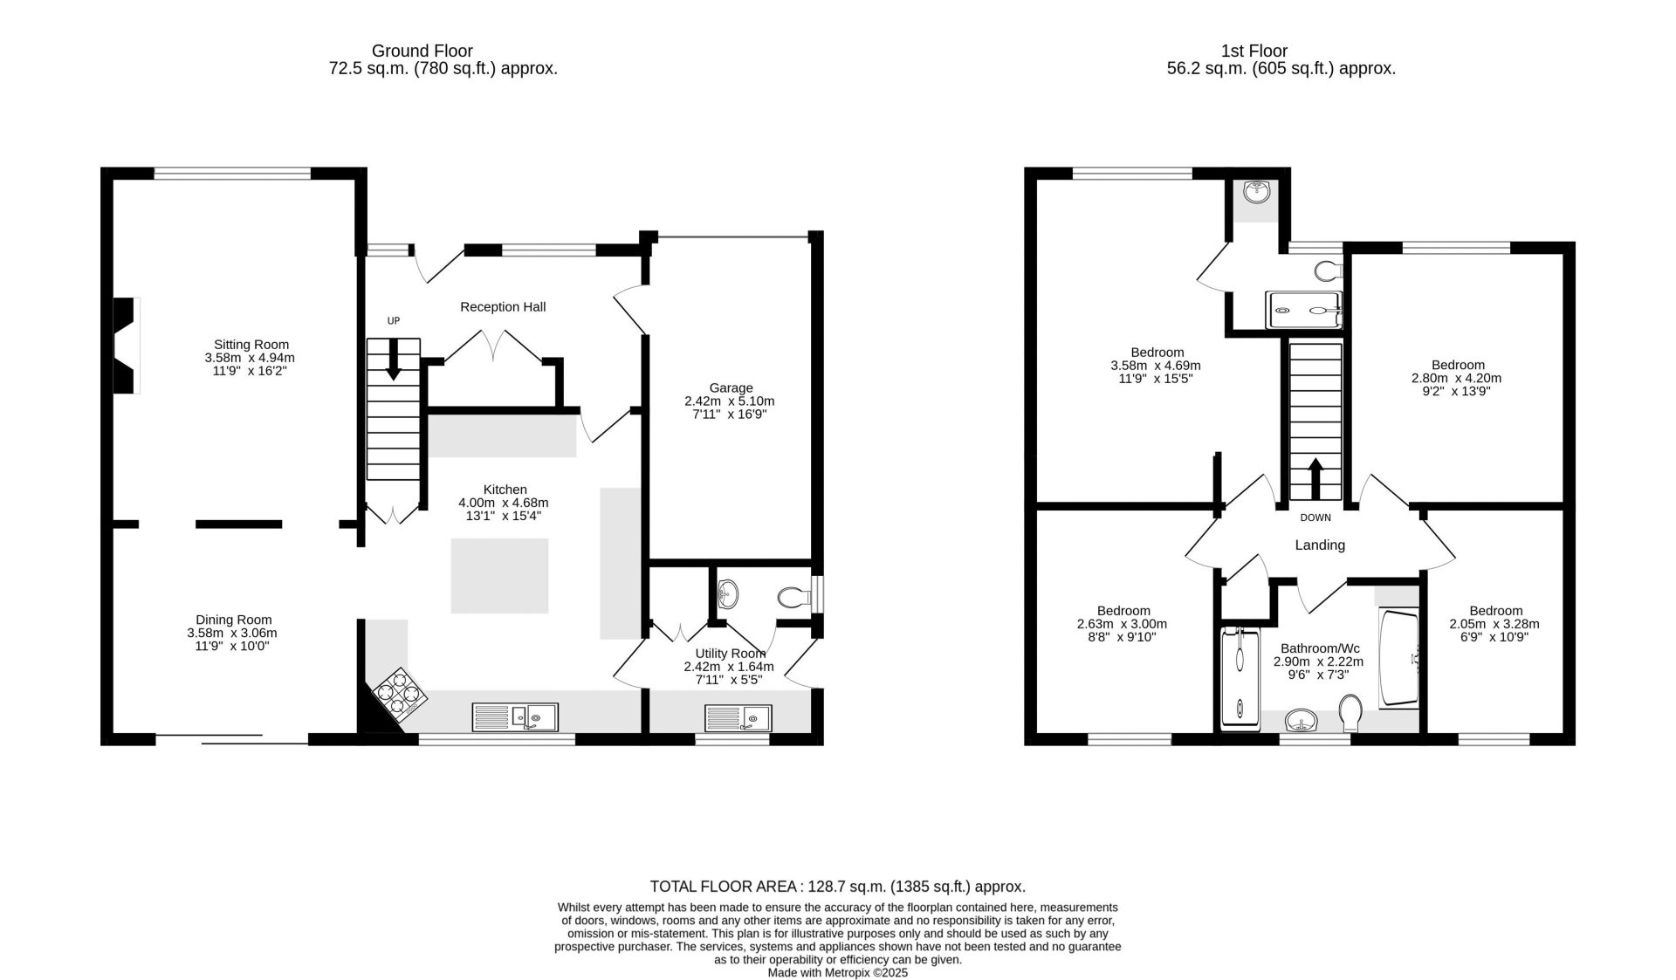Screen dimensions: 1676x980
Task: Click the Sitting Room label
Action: pyautogui.click(x=251, y=345)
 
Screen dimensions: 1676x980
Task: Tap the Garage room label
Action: pyautogui.click(x=731, y=388)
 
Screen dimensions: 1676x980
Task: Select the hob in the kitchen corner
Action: pyautogui.click(x=401, y=696)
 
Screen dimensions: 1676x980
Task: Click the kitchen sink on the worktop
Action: pyautogui.click(x=515, y=717)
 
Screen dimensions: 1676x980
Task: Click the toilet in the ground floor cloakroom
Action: pyautogui.click(x=793, y=598)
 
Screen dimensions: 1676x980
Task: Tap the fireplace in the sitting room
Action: pyautogui.click(x=127, y=346)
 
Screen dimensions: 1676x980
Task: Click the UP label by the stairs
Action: pyautogui.click(x=394, y=321)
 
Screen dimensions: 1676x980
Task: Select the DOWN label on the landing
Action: pyautogui.click(x=1315, y=517)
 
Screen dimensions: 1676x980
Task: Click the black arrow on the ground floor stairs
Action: pyautogui.click(x=394, y=359)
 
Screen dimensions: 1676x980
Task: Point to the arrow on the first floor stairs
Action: pyautogui.click(x=1315, y=478)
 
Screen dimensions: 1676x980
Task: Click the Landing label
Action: pyautogui.click(x=1320, y=545)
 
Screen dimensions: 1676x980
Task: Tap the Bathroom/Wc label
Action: pyautogui.click(x=1320, y=648)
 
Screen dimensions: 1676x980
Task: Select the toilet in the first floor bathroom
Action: pyautogui.click(x=1350, y=713)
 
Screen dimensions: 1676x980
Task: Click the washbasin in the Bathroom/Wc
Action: pyautogui.click(x=1302, y=721)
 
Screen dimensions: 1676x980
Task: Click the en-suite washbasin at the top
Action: pyautogui.click(x=1257, y=191)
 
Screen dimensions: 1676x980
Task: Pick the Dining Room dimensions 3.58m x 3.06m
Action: pyautogui.click(x=233, y=634)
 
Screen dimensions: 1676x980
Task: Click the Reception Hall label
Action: pyautogui.click(x=503, y=307)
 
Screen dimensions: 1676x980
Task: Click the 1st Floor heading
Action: pyautogui.click(x=1254, y=51)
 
